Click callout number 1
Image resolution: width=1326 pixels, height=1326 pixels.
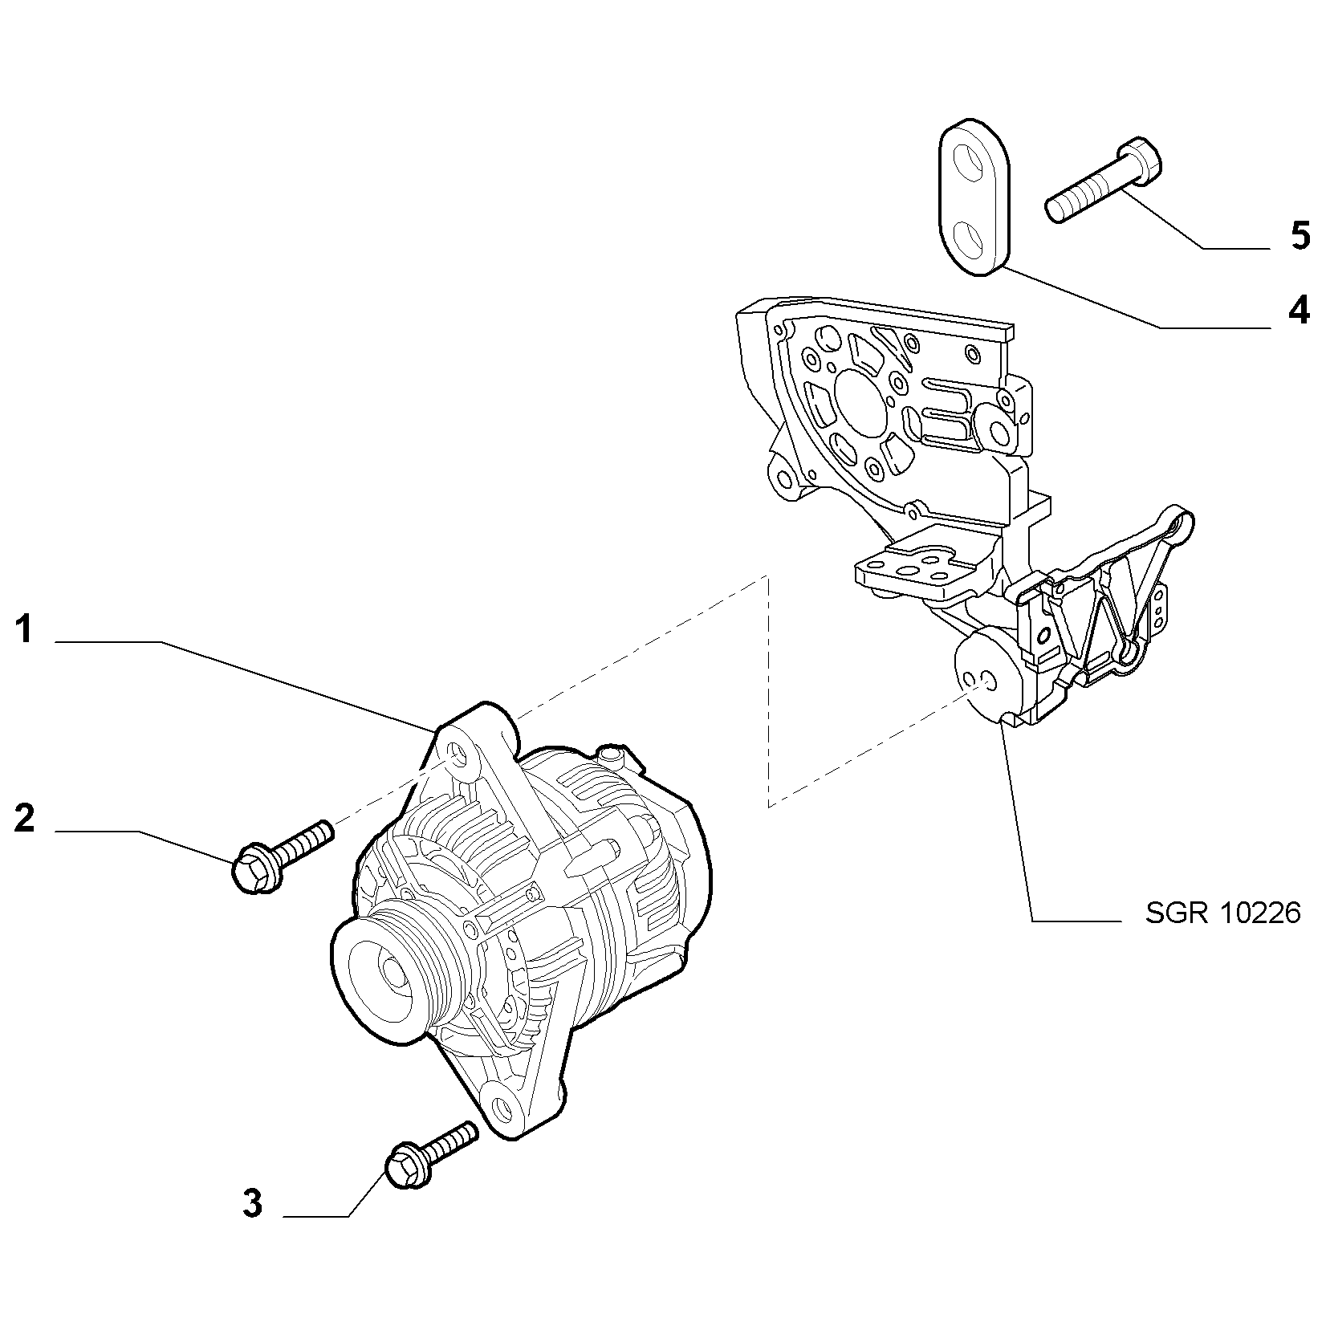(x=25, y=630)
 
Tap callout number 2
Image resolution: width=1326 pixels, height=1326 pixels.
(x=25, y=818)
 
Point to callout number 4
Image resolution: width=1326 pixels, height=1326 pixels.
(x=1298, y=310)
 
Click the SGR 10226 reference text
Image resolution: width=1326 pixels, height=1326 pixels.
(x=1222, y=913)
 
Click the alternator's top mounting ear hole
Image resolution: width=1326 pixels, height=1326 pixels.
(x=458, y=755)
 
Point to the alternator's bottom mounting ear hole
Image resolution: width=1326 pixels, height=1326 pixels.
(x=502, y=1110)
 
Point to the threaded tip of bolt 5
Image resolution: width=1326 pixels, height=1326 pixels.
(x=1057, y=210)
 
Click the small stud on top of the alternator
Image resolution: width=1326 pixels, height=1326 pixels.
(x=612, y=755)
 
